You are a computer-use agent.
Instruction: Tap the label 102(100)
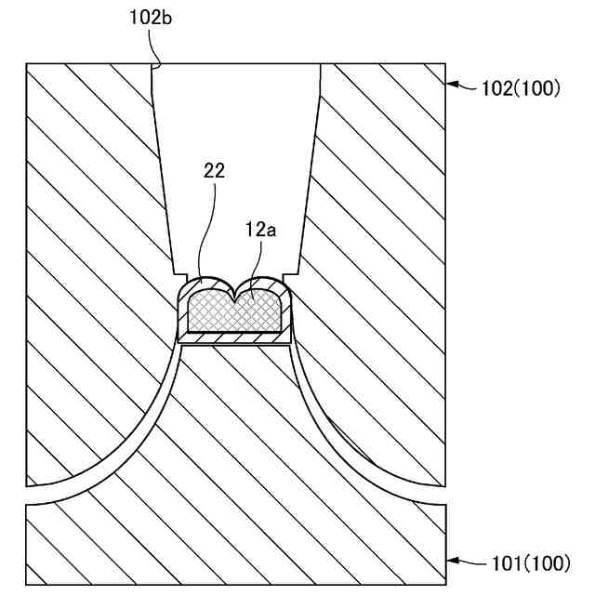click(x=521, y=89)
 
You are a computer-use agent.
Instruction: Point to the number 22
click(x=213, y=170)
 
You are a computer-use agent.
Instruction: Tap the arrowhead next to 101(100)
click(x=454, y=561)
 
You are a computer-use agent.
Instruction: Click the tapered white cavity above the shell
click(x=237, y=167)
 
